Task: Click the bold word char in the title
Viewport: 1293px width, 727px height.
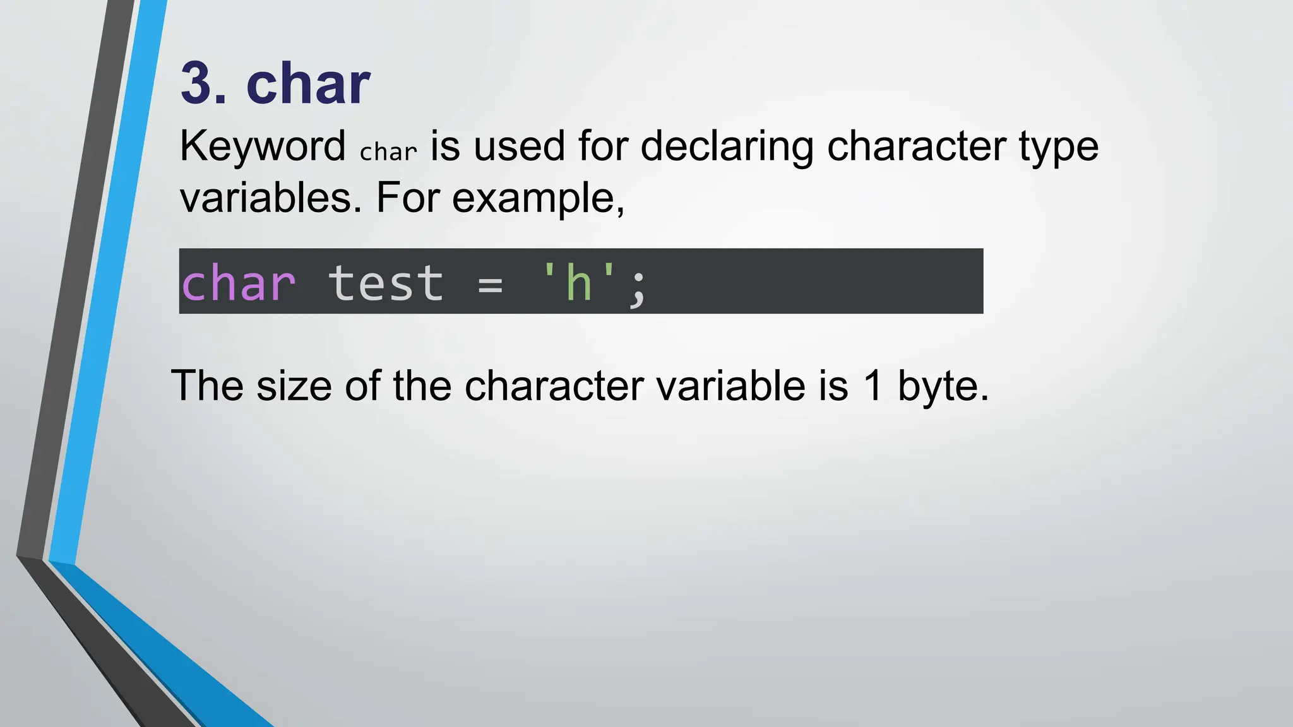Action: [x=308, y=84]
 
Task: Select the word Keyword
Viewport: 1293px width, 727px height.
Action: [x=263, y=146]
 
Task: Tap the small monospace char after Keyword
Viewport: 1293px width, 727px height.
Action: [x=388, y=151]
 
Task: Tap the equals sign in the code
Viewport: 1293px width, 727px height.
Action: [x=491, y=285]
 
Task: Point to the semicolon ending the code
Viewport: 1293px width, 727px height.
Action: [x=638, y=287]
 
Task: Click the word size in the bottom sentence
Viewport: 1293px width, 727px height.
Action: [x=294, y=386]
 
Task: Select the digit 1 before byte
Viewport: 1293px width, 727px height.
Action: [x=873, y=386]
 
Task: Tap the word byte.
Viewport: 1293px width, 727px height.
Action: [x=943, y=387]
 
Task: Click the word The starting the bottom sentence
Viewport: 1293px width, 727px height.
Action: [x=207, y=386]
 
